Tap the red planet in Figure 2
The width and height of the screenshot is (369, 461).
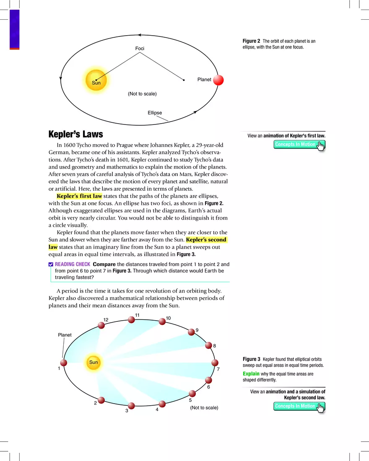pyautogui.click(x=218, y=80)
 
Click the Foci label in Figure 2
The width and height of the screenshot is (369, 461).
pyautogui.click(x=140, y=49)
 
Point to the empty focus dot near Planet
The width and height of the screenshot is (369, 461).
pyautogui.click(x=184, y=80)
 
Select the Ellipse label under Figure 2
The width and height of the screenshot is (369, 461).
pyautogui.click(x=155, y=113)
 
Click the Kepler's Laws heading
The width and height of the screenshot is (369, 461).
pyautogui.click(x=76, y=135)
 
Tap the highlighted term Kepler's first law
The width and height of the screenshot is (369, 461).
pyautogui.click(x=79, y=196)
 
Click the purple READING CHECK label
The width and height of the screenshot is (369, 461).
pyautogui.click(x=72, y=264)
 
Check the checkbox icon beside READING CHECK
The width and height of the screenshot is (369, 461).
pyautogui.click(x=51, y=264)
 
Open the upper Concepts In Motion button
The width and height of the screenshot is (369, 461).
pyautogui.click(x=299, y=145)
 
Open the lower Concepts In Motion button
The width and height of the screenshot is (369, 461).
pyautogui.click(x=299, y=406)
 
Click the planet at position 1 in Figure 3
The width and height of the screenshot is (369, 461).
pyautogui.click(x=63, y=363)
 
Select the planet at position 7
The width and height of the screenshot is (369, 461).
pyautogui.click(x=215, y=363)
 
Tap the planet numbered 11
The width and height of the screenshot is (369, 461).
pyautogui.click(x=131, y=320)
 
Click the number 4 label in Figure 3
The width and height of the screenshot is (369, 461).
pyautogui.click(x=157, y=409)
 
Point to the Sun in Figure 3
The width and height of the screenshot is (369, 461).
pyautogui.click(x=94, y=363)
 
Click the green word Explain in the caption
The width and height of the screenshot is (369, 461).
pyautogui.click(x=251, y=373)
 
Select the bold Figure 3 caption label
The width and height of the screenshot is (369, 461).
pyautogui.click(x=252, y=359)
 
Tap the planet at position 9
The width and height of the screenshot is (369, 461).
pyautogui.click(x=192, y=332)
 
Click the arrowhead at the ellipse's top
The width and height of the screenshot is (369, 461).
pyautogui.click(x=140, y=35)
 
